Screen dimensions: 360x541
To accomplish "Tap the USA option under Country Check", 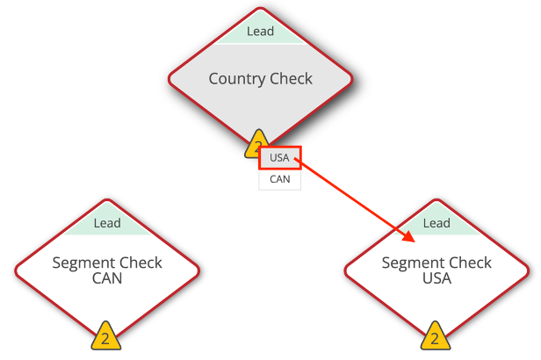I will pos(278,158).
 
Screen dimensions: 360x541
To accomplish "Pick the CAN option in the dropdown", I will pos(279,179).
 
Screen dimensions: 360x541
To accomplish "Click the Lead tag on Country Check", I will pos(260,32).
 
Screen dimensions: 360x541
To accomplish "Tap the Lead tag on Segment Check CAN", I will pos(106,223).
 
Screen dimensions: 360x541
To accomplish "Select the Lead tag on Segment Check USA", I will pos(436,223).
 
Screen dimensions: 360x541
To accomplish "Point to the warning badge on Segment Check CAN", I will pos(105,337).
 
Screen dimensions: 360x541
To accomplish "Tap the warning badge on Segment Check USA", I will pos(435,337).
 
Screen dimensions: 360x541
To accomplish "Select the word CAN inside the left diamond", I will pos(106,279).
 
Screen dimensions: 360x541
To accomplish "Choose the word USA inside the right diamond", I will pos(436,279).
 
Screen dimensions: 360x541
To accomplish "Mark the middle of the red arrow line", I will pos(356,198).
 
